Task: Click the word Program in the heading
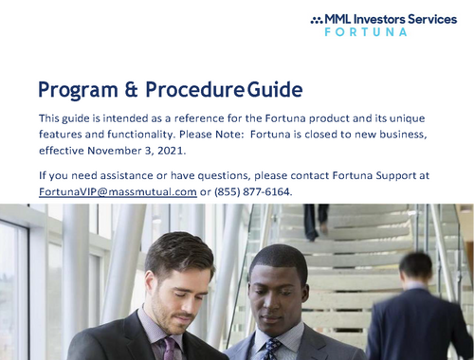76,91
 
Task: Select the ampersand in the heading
132,91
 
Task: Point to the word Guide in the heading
274,91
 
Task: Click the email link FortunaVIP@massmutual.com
118,191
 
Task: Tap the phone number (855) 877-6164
253,191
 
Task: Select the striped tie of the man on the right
270,349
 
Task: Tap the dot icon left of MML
316,19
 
